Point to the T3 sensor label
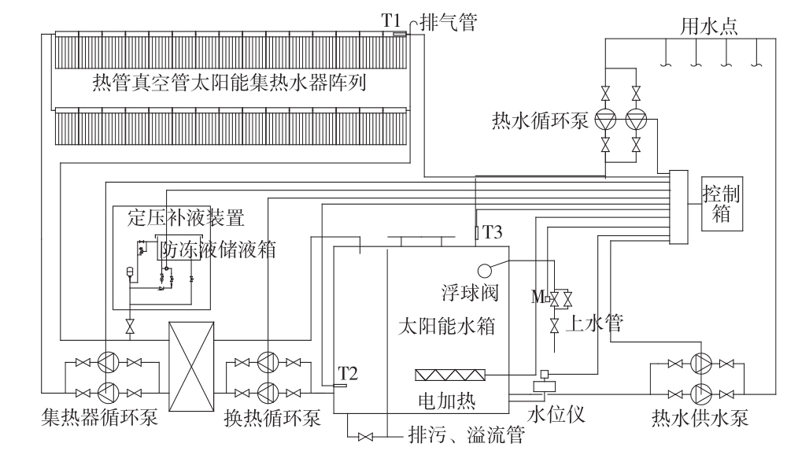click(492, 232)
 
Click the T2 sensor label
click(348, 372)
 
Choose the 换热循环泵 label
click(268, 418)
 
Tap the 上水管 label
click(597, 323)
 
